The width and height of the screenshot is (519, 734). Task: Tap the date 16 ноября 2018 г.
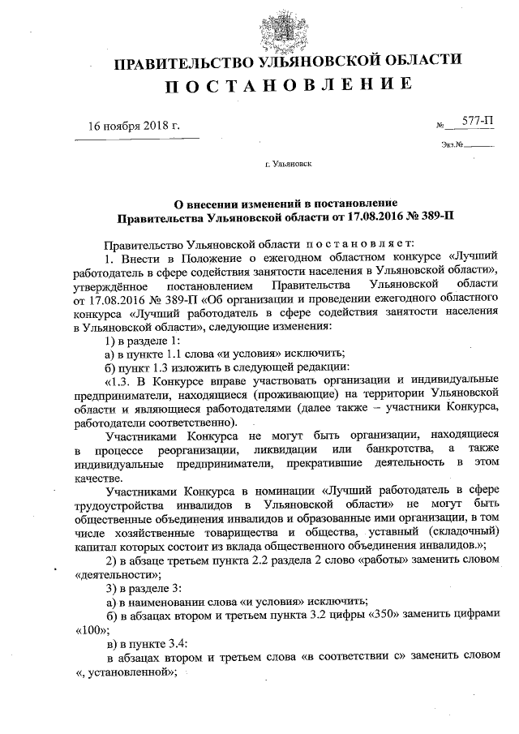pyautogui.click(x=133, y=125)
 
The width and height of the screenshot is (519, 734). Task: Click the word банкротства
pyautogui.click(x=398, y=449)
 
